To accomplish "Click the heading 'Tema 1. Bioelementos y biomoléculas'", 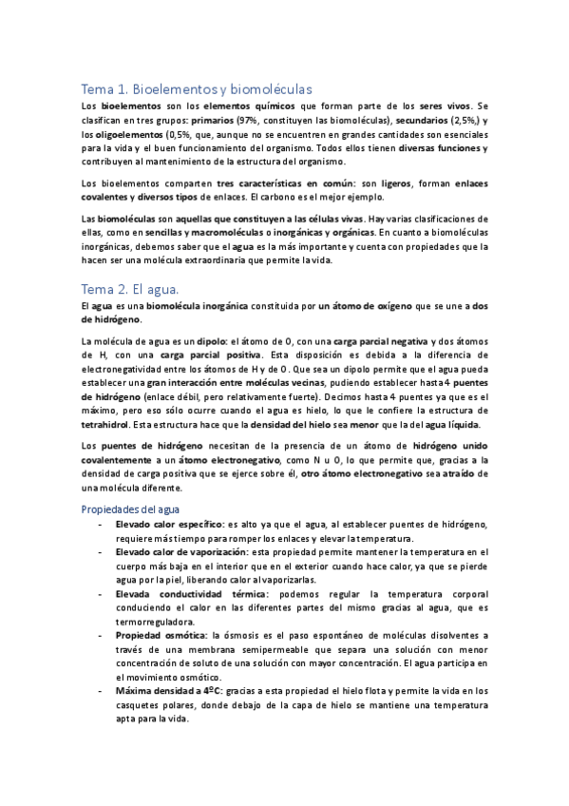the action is (197, 88).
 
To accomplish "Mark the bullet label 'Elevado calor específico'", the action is (168, 525).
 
